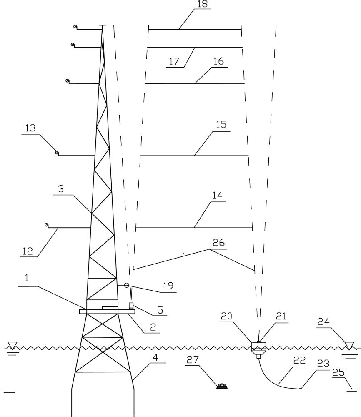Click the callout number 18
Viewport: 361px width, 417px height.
[x=202, y=5]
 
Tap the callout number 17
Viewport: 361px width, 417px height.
[x=174, y=62]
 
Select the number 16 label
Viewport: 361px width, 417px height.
[x=219, y=61]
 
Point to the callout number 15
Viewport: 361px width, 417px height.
[x=221, y=124]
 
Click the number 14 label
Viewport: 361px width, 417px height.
[x=218, y=196]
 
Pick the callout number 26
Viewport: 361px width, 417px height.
[x=219, y=243]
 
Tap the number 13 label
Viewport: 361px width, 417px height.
[x=30, y=128]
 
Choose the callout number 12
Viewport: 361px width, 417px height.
[x=28, y=251]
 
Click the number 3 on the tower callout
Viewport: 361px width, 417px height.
[x=61, y=189]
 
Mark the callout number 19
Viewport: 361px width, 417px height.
[x=168, y=286]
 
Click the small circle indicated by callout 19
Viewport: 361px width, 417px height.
[x=127, y=285]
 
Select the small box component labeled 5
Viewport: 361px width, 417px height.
[x=131, y=306]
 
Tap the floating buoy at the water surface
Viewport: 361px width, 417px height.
[x=258, y=349]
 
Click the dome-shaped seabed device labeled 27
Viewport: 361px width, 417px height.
[x=222, y=387]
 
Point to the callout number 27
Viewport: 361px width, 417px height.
[x=193, y=360]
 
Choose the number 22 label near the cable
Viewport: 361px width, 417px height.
[x=300, y=361]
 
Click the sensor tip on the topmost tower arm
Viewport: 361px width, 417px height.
[x=75, y=27]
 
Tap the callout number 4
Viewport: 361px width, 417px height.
[x=155, y=358]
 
